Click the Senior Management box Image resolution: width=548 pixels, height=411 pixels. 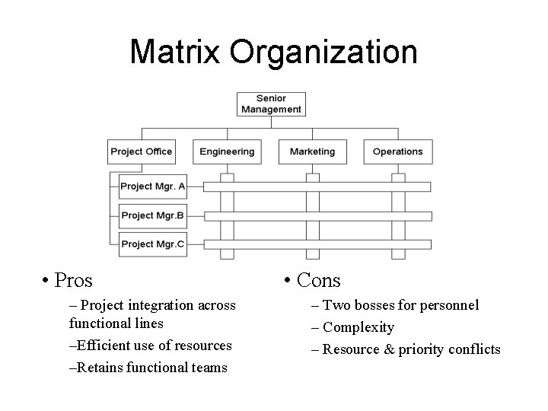click(x=271, y=104)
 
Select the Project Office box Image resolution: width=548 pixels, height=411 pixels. click(x=142, y=151)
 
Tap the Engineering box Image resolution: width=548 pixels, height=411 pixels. click(x=227, y=151)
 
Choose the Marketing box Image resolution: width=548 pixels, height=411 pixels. click(x=312, y=151)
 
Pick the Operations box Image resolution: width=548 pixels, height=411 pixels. click(x=397, y=151)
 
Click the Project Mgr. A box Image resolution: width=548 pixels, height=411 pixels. click(x=153, y=186)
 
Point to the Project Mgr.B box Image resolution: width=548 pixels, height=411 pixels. click(x=153, y=215)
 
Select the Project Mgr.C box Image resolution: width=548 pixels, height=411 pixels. click(x=153, y=244)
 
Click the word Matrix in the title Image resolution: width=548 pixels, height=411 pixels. click(x=177, y=53)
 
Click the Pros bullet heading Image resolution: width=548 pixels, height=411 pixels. click(x=74, y=281)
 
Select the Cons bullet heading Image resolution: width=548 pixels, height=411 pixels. click(x=319, y=281)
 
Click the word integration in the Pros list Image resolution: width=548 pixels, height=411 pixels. click(x=162, y=305)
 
